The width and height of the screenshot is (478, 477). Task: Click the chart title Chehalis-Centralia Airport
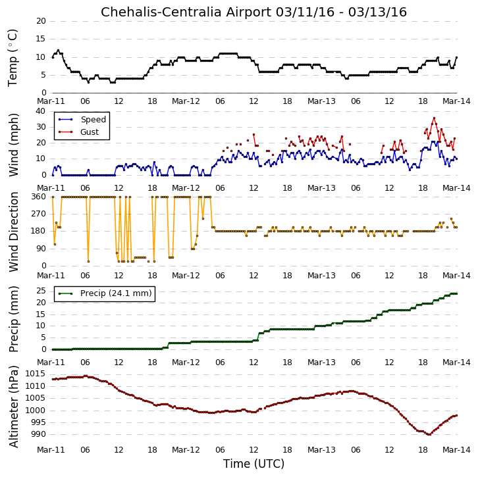(x=186, y=13)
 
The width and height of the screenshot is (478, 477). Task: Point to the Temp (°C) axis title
(x=13, y=58)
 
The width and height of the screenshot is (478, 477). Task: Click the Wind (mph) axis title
(x=13, y=145)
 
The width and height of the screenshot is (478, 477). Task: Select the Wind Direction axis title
(x=13, y=232)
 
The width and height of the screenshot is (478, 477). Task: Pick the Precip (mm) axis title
(x=13, y=319)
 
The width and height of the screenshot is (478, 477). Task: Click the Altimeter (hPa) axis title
(x=13, y=407)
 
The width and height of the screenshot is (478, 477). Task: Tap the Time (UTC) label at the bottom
(x=253, y=464)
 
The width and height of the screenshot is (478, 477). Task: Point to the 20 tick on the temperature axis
(x=41, y=21)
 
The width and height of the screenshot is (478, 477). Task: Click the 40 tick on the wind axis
(x=41, y=111)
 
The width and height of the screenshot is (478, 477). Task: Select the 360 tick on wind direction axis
(x=38, y=197)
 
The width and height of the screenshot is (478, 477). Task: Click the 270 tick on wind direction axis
(x=38, y=214)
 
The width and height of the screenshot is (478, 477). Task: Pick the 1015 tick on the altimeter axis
(x=36, y=374)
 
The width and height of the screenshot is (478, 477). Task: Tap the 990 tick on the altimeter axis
(x=38, y=434)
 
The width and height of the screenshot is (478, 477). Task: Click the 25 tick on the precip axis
(x=41, y=291)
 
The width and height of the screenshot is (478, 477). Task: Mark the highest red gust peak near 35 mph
(x=434, y=118)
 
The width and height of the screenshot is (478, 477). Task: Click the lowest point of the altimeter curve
(x=429, y=435)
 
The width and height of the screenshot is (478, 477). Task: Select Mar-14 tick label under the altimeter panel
(x=456, y=450)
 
